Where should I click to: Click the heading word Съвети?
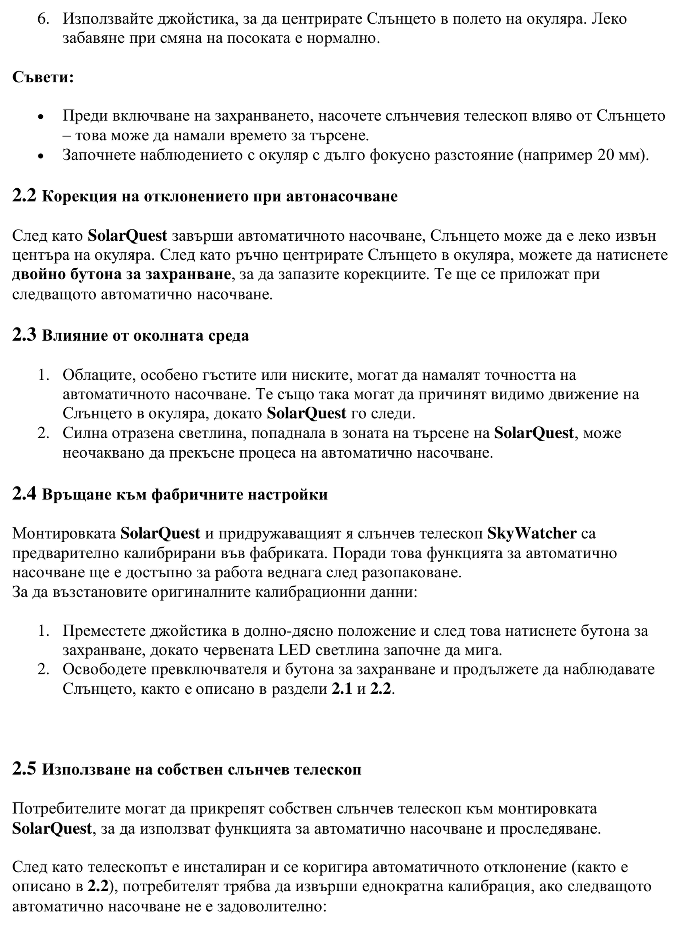coord(43,77)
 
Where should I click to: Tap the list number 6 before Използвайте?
coord(43,19)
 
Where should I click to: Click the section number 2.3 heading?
coord(24,335)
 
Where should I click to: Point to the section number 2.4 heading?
coord(24,494)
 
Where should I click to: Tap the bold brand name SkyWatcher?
coord(532,533)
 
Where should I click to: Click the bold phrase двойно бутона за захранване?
coord(121,274)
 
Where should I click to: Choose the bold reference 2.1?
coord(342,689)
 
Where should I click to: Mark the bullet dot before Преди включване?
coord(40,117)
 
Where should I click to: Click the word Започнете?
coord(97,155)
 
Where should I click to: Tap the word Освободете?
coord(101,669)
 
